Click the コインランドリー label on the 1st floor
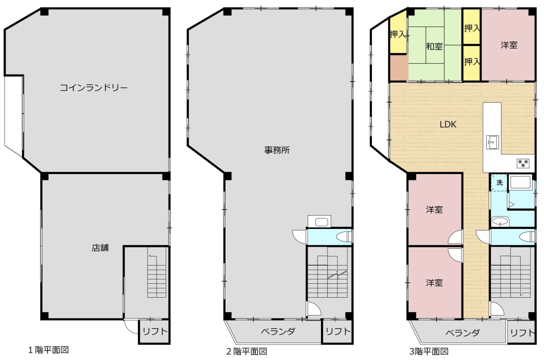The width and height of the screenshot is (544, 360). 93,88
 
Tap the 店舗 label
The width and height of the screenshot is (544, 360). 100,248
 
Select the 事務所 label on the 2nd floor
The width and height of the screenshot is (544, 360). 277,150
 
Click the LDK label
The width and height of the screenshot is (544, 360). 448,124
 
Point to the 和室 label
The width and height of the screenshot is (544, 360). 434,46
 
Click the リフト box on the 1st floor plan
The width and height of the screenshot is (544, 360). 154,331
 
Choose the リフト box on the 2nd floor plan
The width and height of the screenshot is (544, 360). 338,331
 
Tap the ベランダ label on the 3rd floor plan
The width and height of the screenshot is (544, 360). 462,333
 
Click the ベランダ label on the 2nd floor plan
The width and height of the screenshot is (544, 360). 278,331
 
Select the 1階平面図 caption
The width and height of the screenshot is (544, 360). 48,350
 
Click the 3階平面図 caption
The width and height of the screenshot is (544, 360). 429,351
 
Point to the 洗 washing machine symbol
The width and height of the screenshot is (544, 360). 499,182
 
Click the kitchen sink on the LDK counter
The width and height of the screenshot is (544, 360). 492,142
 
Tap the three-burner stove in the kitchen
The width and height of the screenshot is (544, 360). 523,163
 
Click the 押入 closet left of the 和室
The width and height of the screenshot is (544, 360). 398,35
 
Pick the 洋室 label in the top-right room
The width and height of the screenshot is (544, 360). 509,45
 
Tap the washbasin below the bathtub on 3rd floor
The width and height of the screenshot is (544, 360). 500,221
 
